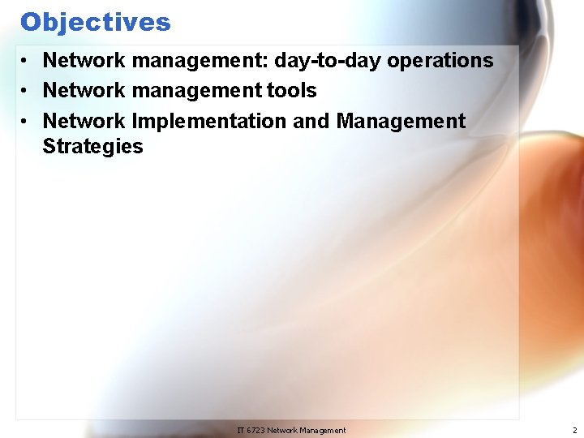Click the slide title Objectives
click(96, 22)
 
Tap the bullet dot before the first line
click(27, 61)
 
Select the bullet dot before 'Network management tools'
click(27, 91)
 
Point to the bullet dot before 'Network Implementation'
click(27, 122)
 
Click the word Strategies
click(92, 147)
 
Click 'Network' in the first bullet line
click(84, 61)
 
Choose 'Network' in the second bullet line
click(84, 91)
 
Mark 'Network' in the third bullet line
click(84, 122)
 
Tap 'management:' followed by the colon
click(200, 61)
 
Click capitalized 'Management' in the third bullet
click(401, 122)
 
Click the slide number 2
click(574, 430)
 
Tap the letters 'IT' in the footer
click(241, 430)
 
